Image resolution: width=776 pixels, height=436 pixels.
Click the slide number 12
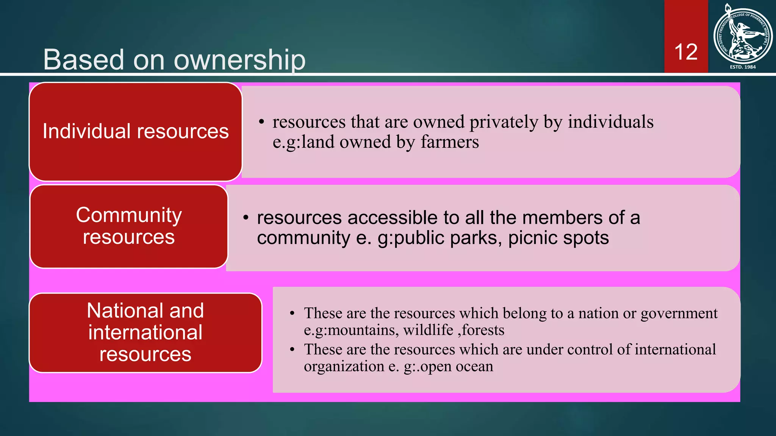click(686, 52)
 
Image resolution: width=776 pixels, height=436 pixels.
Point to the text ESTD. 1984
click(743, 67)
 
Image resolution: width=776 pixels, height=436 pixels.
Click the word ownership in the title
click(239, 60)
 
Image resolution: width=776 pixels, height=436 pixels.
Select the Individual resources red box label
click(136, 131)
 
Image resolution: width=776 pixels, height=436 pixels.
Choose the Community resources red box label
click(129, 226)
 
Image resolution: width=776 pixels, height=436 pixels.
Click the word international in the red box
click(145, 332)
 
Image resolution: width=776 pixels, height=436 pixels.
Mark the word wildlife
click(428, 330)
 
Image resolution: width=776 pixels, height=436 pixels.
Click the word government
click(679, 314)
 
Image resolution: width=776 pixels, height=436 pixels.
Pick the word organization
click(344, 366)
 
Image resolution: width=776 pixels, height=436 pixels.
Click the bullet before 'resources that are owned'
click(261, 122)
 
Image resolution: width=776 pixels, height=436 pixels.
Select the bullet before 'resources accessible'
click(246, 218)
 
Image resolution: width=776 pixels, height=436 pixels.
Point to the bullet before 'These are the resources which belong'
click(292, 313)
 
